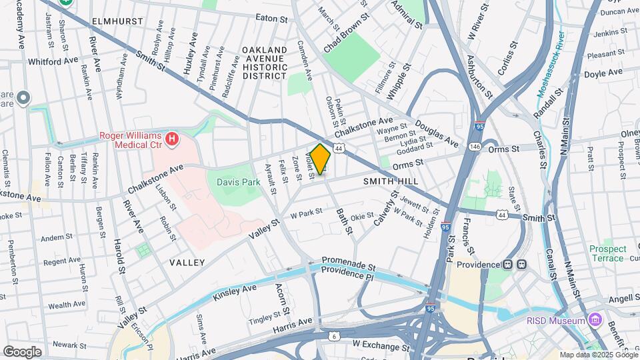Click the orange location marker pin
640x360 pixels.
321,159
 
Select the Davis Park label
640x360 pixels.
238,182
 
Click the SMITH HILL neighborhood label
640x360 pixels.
391,181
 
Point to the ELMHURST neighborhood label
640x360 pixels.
118,21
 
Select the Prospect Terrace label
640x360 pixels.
607,253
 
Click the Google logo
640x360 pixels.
22,351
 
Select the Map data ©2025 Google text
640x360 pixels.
599,355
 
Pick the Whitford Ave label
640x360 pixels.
53,61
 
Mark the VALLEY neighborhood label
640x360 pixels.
187,263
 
